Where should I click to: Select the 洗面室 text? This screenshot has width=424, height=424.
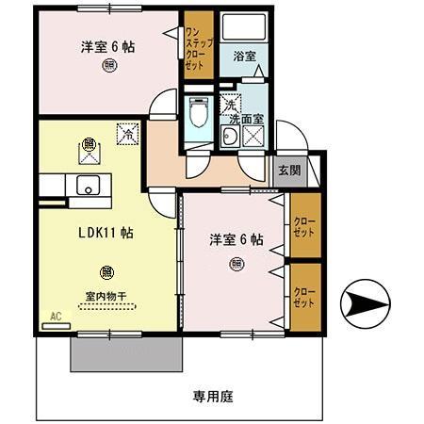click(x=246, y=120)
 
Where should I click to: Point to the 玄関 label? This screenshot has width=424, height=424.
click(x=288, y=171)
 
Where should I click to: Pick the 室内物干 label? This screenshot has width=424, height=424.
click(x=105, y=294)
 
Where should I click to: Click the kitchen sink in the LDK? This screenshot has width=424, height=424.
click(x=90, y=185)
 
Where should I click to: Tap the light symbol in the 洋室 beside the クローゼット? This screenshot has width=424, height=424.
click(x=235, y=264)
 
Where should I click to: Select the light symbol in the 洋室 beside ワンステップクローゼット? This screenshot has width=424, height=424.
click(x=111, y=66)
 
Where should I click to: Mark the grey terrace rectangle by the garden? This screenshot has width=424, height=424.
click(x=125, y=354)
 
